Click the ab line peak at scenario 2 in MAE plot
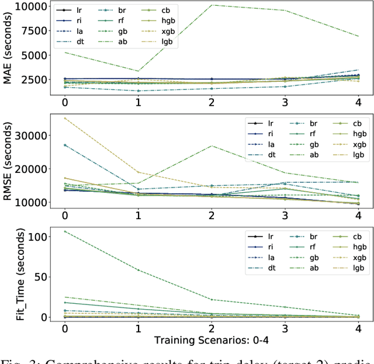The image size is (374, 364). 212,5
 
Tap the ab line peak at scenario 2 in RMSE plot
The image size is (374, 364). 212,145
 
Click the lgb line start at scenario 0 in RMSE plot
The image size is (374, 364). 64,118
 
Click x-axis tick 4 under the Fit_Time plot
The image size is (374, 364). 358,327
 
